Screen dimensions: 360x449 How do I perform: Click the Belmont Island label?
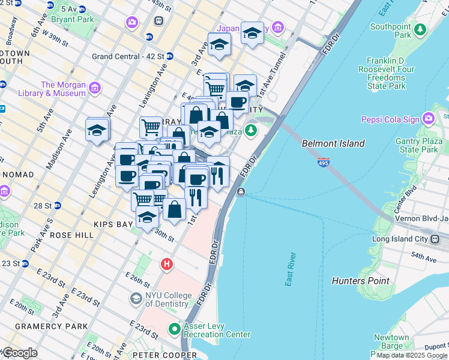coord(333,143)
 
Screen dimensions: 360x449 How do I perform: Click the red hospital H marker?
coord(166,264)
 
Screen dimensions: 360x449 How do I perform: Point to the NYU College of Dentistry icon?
coord(136,298)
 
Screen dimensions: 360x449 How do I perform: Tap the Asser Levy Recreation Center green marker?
coord(175,329)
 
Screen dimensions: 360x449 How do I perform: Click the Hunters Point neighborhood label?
coord(360,280)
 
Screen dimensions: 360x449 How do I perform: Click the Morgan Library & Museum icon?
coord(94,89)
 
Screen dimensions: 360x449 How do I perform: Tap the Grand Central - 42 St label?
coord(128,56)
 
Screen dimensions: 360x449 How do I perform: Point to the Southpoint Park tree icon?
coord(421,28)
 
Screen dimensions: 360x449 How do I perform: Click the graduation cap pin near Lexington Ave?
coord(97,130)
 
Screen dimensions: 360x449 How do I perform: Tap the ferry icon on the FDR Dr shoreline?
coord(240,191)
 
